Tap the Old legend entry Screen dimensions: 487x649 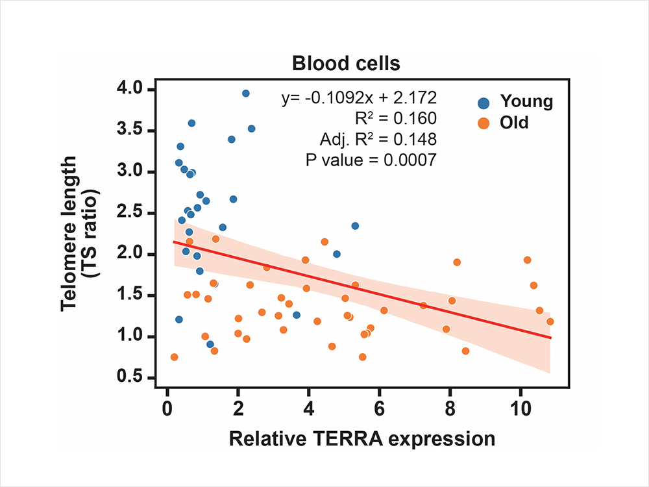514,122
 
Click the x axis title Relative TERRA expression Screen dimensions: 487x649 361,439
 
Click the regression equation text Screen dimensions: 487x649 359,98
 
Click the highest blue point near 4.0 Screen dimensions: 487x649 245,94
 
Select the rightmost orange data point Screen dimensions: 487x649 550,321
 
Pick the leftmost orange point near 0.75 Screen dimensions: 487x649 174,357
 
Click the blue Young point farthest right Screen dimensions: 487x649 355,226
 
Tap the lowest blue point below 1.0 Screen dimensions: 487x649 210,344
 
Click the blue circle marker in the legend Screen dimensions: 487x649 483,102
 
